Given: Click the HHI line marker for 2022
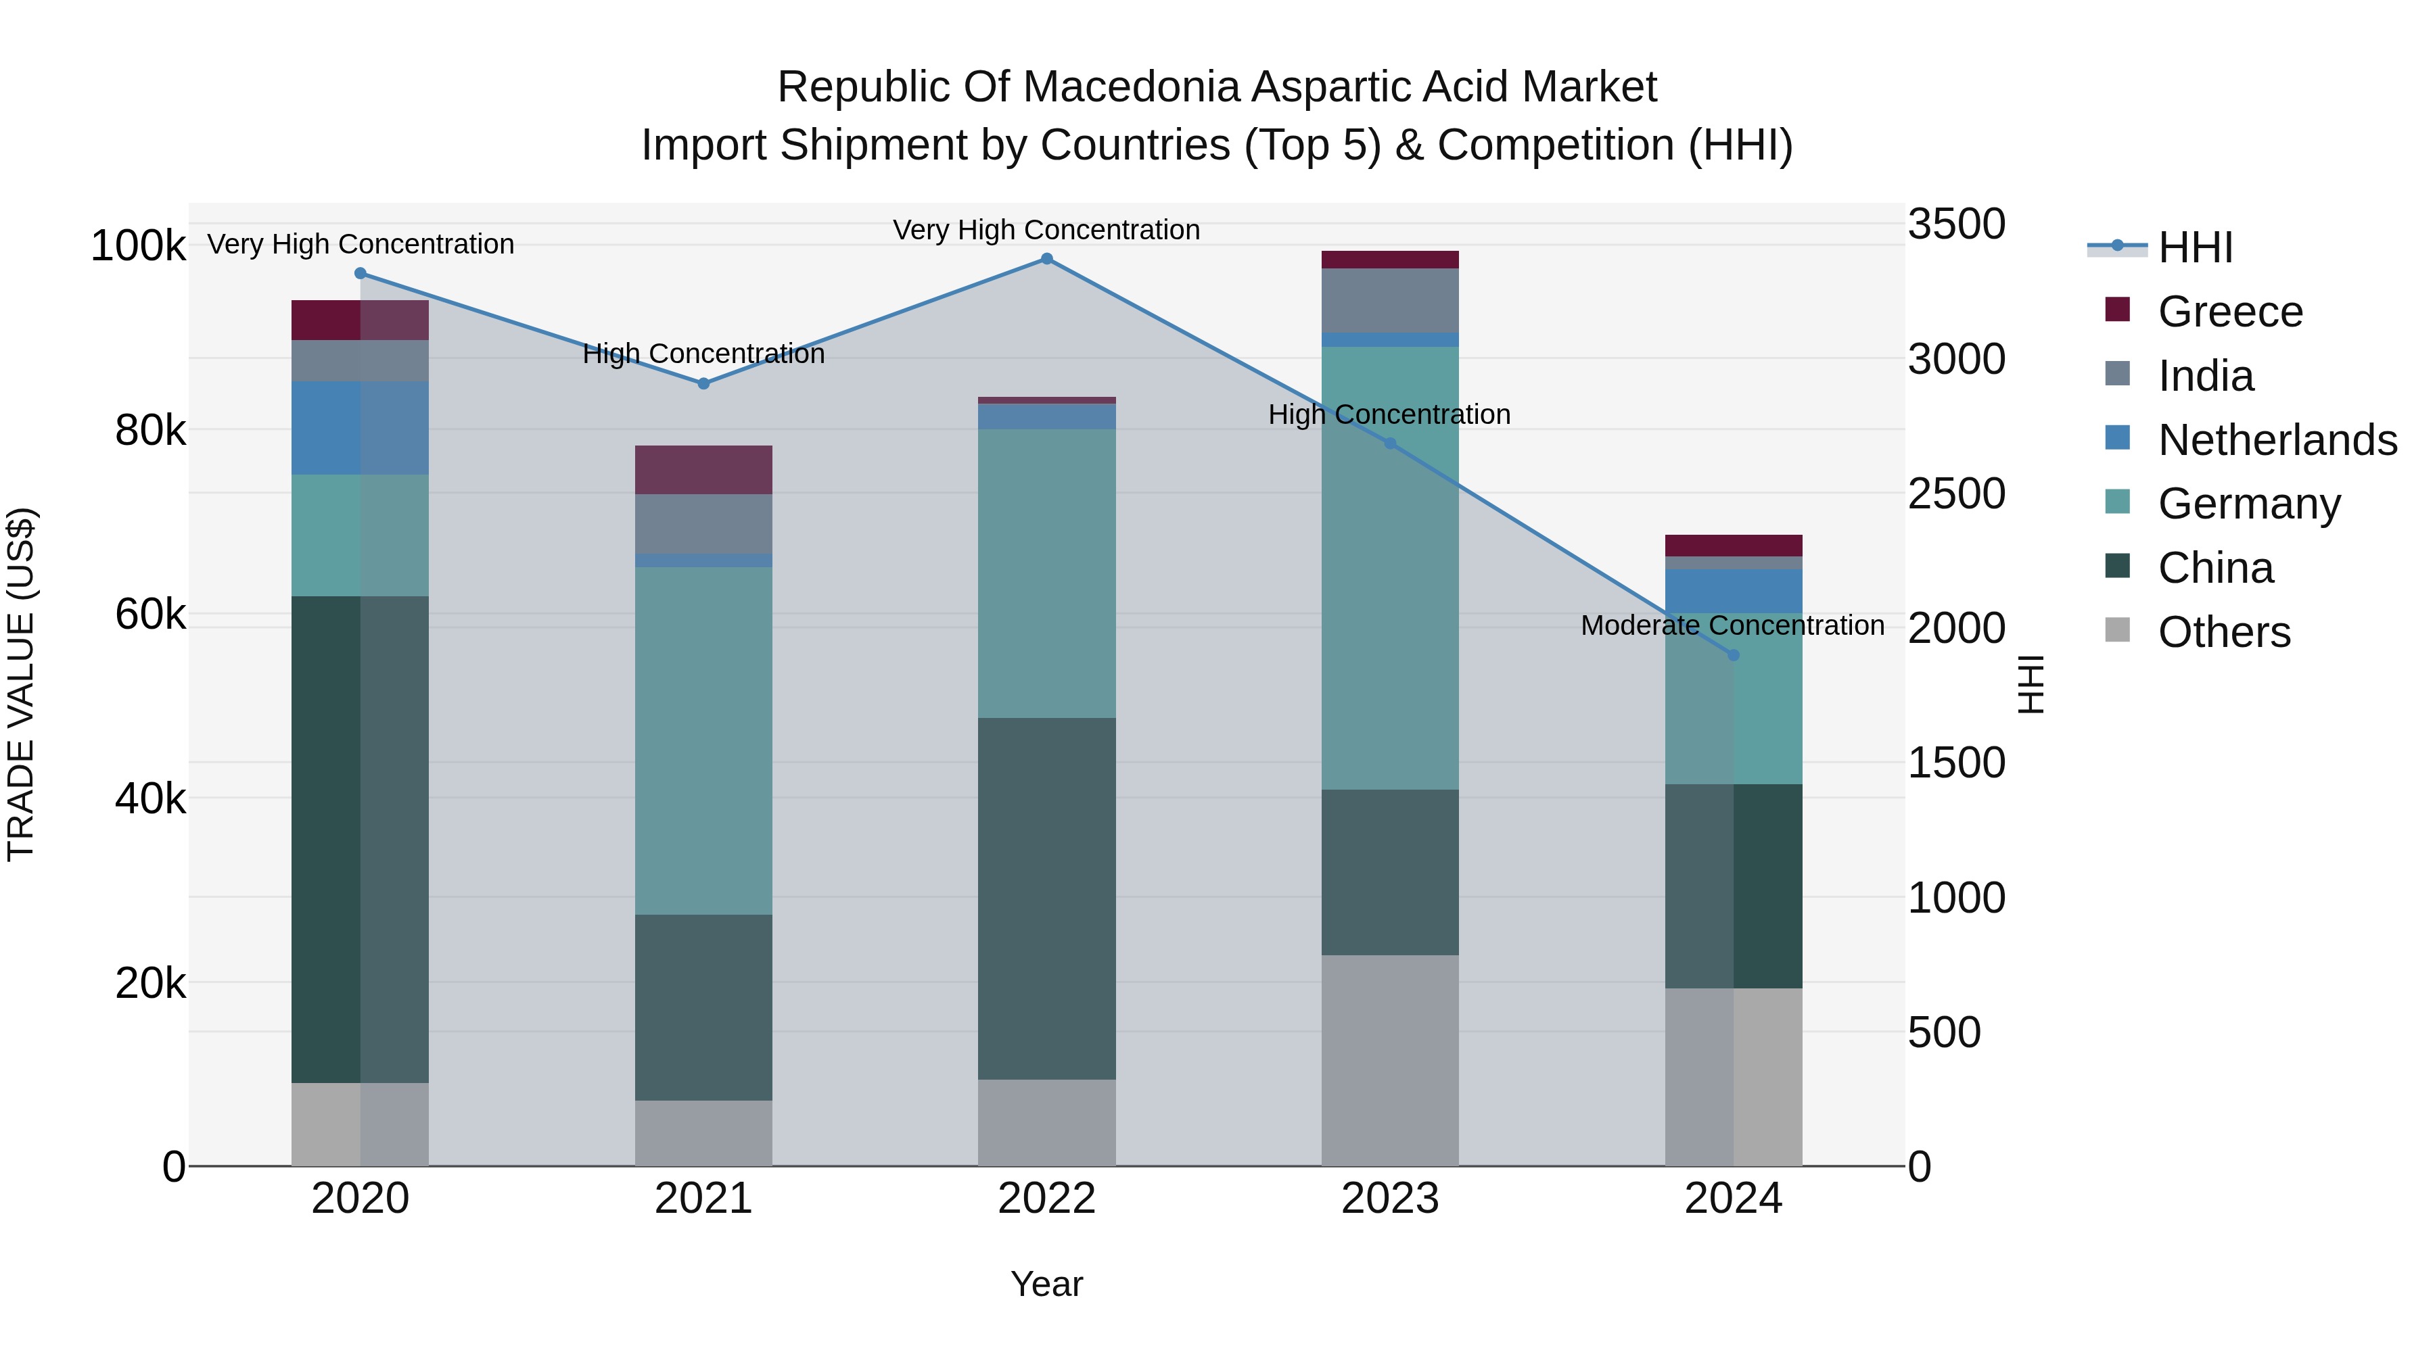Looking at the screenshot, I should tap(1046, 259).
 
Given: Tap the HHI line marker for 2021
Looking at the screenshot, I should tap(703, 383).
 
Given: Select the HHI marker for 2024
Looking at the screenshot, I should tap(1733, 654).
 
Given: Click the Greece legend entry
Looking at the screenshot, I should tap(2230, 312).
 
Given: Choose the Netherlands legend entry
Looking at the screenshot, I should tap(2276, 440).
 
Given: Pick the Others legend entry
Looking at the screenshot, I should tap(2223, 632).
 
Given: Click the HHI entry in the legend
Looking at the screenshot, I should tap(2195, 247).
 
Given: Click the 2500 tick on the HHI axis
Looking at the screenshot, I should tap(1955, 494).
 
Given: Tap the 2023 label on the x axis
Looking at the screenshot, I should tap(1389, 1199).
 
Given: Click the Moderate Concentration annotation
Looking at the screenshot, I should tap(1732, 625).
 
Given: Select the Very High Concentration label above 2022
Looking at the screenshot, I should tap(1046, 230).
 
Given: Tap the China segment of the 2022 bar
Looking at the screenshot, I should tap(1046, 898).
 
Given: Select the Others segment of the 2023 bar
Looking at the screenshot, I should tap(1389, 1060).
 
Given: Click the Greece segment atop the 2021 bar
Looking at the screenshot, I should tap(703, 470).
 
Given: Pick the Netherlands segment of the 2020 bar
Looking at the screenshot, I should tap(359, 427).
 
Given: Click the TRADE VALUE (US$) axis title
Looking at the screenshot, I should tap(21, 684).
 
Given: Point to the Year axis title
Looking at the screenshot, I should tap(1046, 1284).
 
